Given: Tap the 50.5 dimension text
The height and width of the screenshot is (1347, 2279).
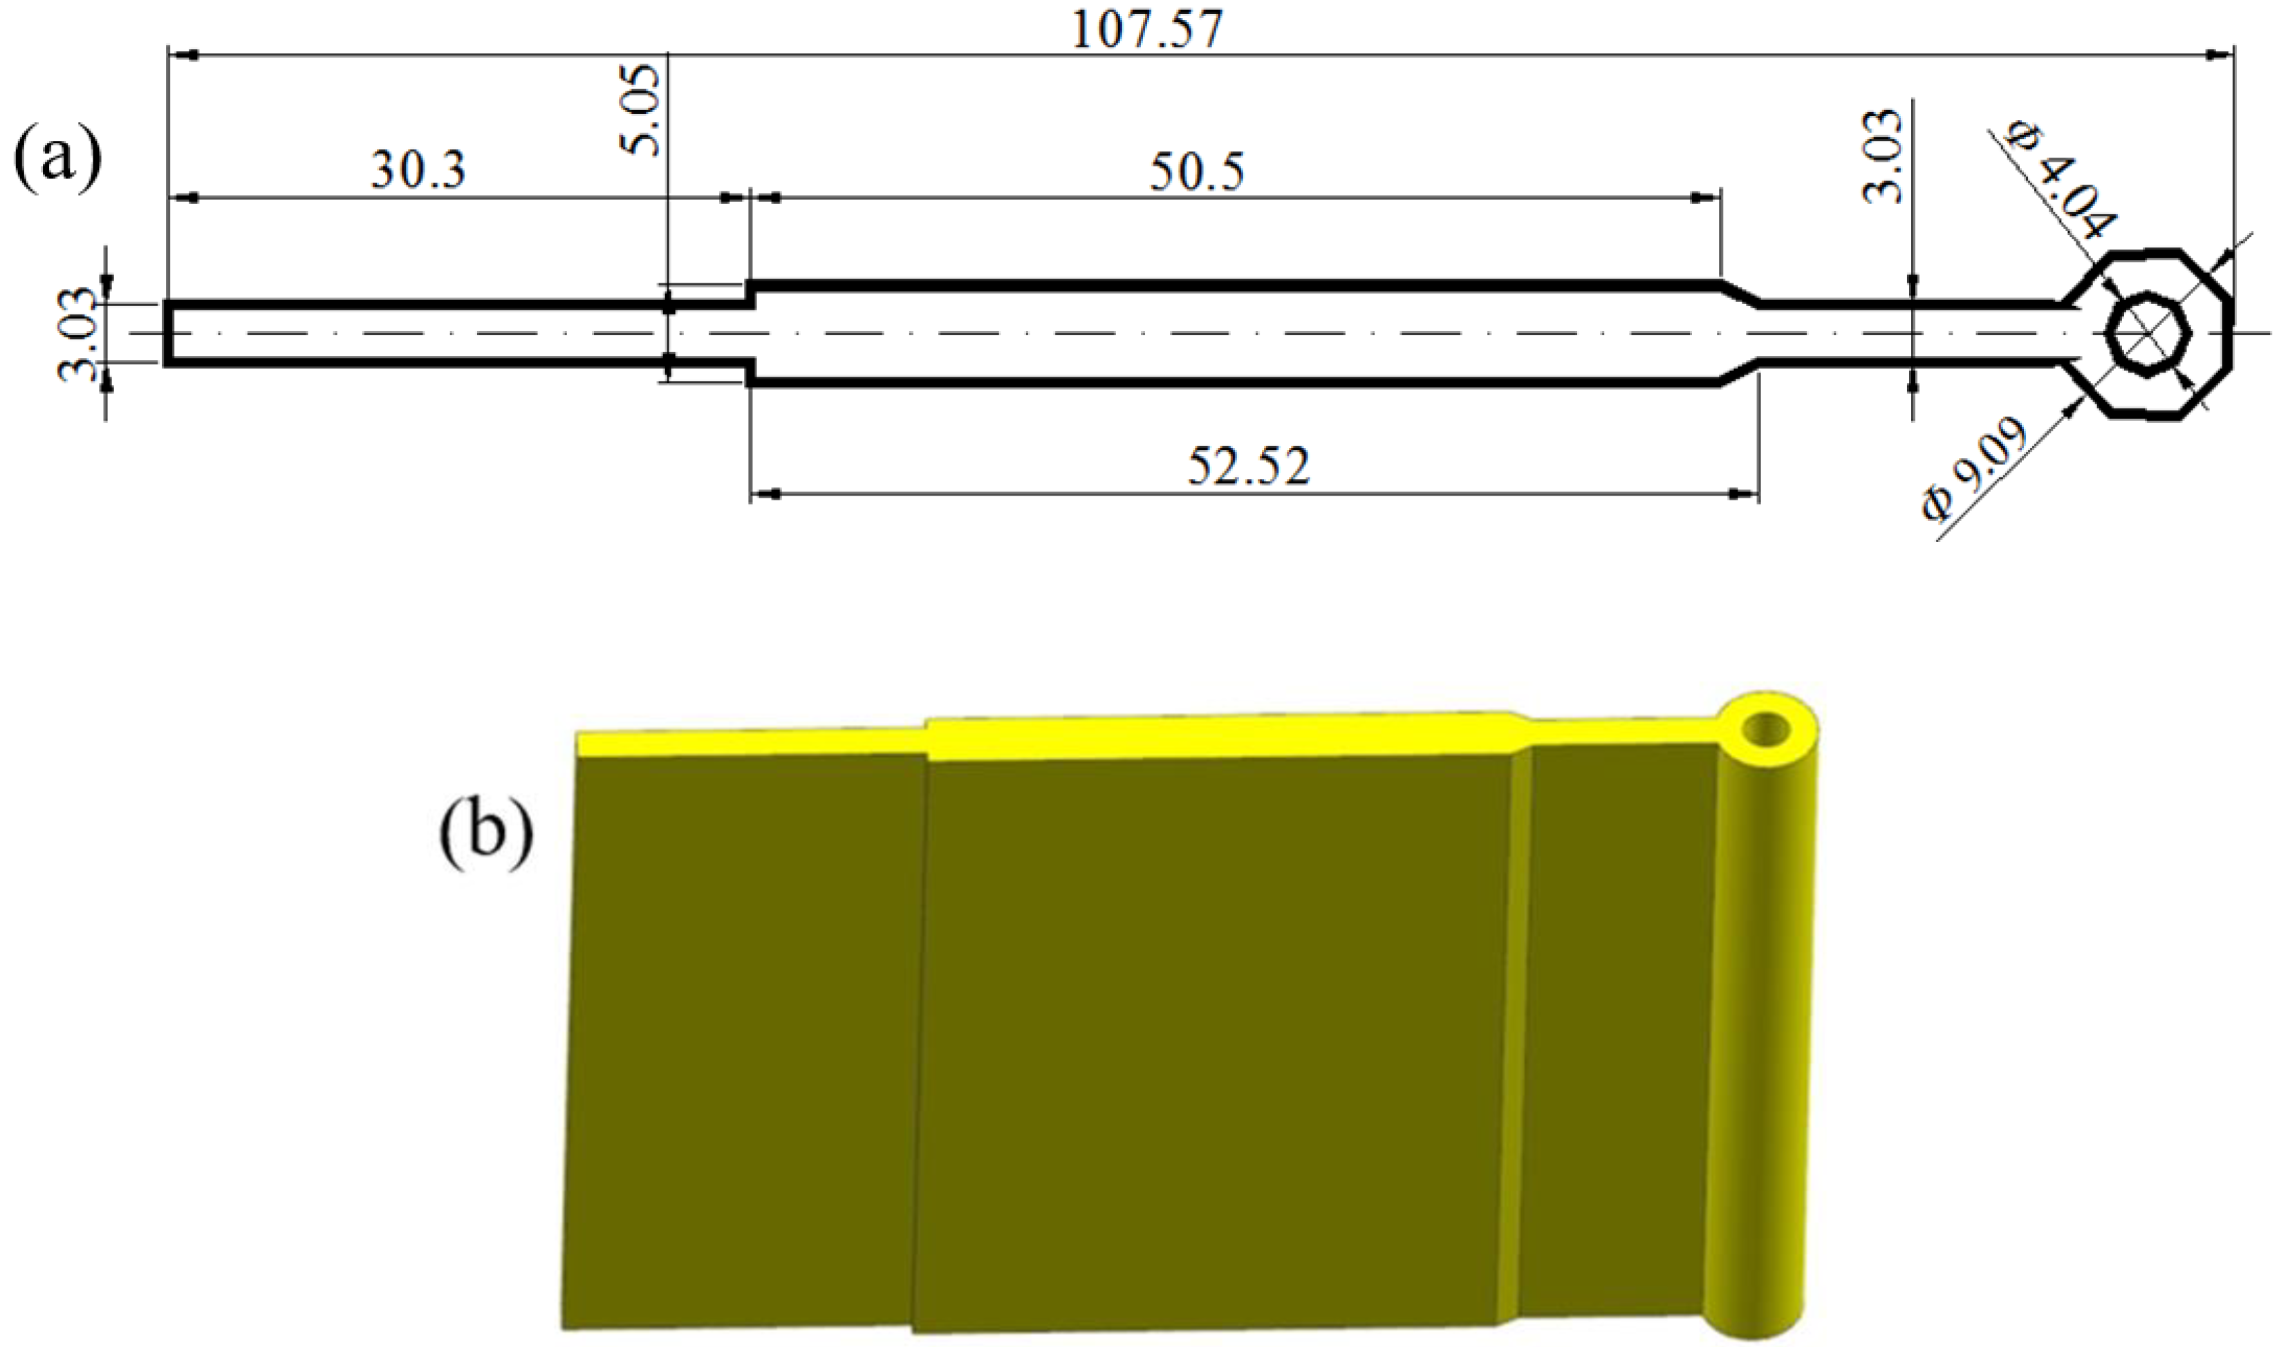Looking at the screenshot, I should (1197, 173).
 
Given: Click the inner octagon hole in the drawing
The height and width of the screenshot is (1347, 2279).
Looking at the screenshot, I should (2148, 332).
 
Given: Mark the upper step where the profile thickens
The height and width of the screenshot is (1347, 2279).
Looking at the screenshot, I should (751, 292).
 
